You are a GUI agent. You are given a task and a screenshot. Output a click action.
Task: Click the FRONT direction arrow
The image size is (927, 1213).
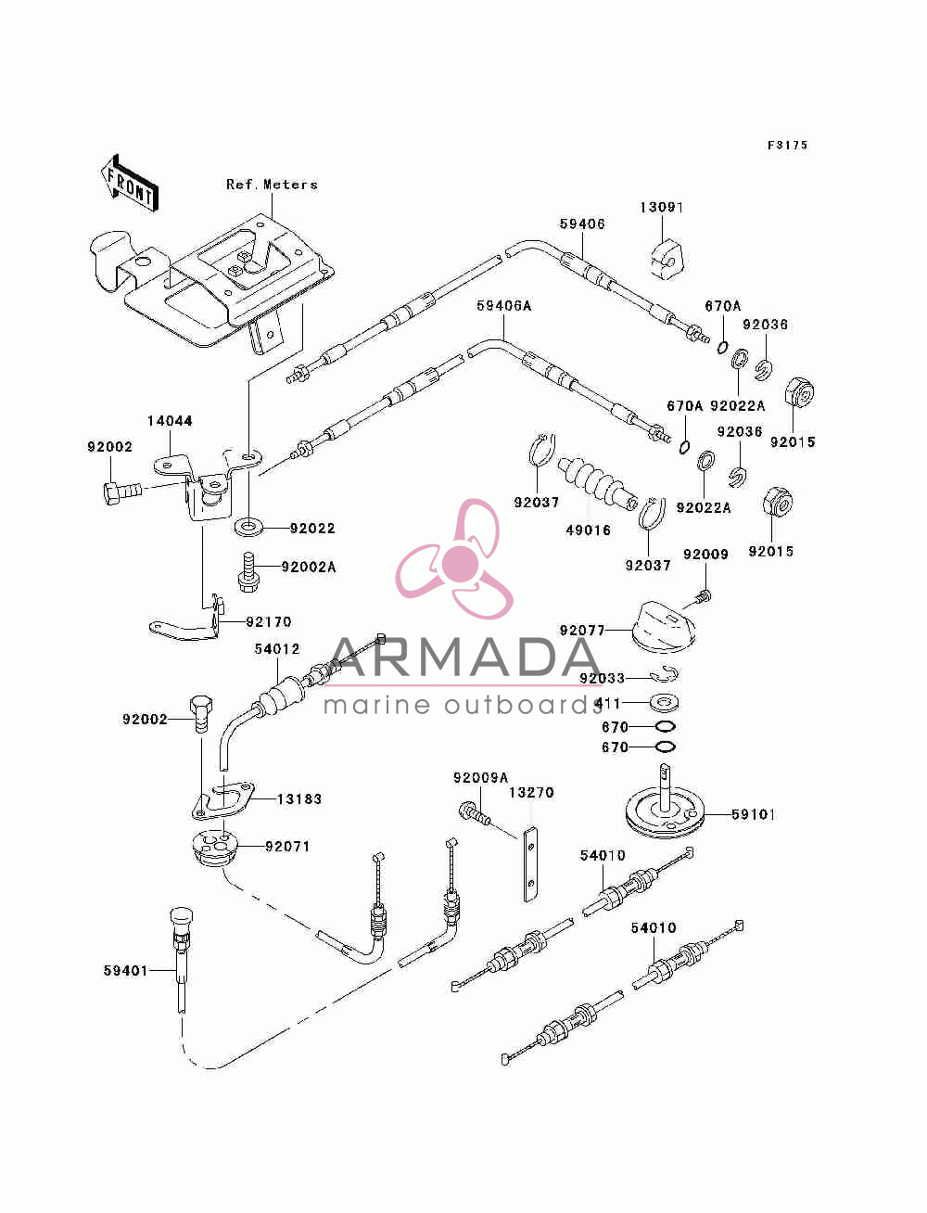[x=130, y=183]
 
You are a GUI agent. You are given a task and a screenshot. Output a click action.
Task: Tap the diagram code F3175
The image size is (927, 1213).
[x=787, y=146]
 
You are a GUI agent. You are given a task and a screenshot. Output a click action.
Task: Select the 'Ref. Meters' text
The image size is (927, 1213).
[x=272, y=185]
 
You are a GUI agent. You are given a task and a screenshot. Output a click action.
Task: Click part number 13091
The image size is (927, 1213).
[x=661, y=208]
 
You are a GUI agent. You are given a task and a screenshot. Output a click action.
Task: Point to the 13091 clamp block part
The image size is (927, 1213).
[x=667, y=259]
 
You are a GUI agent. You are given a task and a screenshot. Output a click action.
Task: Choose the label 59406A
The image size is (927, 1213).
[x=504, y=306]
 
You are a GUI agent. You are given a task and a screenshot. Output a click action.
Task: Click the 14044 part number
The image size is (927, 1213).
[x=170, y=421]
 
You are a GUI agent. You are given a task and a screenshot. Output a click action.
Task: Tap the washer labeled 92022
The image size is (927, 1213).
[x=248, y=526]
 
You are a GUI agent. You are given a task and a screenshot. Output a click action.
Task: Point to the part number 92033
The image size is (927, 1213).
[x=602, y=678]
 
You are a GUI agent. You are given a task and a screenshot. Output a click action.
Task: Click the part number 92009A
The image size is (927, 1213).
[x=480, y=777]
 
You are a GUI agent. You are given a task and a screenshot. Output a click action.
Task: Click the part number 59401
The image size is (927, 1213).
[x=125, y=970]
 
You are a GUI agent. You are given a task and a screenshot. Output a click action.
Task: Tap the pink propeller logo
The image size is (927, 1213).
[x=454, y=558]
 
